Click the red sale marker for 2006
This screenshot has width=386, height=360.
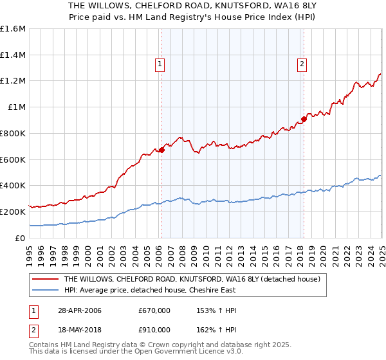click(161, 150)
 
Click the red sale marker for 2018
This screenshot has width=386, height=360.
click(304, 119)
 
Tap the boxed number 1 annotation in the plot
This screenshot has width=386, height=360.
click(159, 63)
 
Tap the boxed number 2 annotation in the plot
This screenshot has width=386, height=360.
click(301, 63)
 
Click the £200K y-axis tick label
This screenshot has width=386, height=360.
click(13, 212)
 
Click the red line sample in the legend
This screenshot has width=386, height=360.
click(45, 279)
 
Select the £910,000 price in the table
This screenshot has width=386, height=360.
click(154, 330)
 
